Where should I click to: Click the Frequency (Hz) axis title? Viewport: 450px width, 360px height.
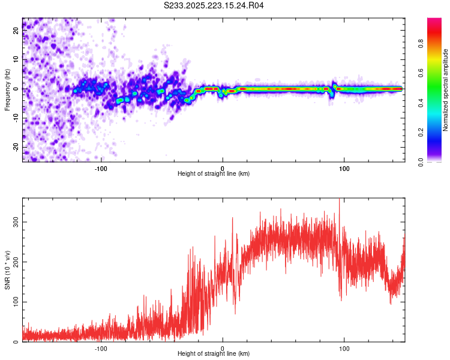7,89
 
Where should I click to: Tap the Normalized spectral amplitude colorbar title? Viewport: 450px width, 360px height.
446,90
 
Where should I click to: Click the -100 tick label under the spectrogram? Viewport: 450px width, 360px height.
101,168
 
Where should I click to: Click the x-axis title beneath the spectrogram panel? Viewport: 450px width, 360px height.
214,174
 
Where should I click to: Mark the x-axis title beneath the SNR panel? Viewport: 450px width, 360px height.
214,354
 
